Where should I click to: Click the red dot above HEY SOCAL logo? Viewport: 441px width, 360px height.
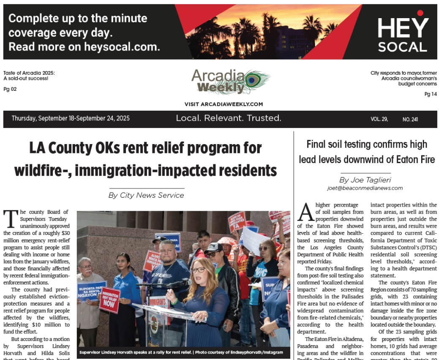click(420, 13)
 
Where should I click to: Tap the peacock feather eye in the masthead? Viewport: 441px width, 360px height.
click(253, 80)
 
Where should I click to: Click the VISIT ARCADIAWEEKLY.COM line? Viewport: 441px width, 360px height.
click(223, 104)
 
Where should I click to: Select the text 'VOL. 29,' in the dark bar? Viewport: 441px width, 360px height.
click(379, 119)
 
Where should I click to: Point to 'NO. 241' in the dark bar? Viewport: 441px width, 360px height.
click(410, 120)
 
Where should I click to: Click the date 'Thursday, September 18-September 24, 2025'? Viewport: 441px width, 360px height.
click(71, 118)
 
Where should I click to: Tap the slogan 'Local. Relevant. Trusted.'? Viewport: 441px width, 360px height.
click(229, 118)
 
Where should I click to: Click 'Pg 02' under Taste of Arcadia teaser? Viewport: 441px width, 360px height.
click(10, 89)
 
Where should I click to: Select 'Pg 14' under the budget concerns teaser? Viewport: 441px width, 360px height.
click(430, 94)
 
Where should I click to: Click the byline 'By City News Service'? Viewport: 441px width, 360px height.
click(146, 195)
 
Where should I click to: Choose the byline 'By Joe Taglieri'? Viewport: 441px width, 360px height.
click(365, 180)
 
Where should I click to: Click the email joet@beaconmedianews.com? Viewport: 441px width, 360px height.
click(365, 188)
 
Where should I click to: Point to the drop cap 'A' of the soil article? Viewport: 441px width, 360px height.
click(306, 212)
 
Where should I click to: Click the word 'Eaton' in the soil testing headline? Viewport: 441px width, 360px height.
click(400, 160)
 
